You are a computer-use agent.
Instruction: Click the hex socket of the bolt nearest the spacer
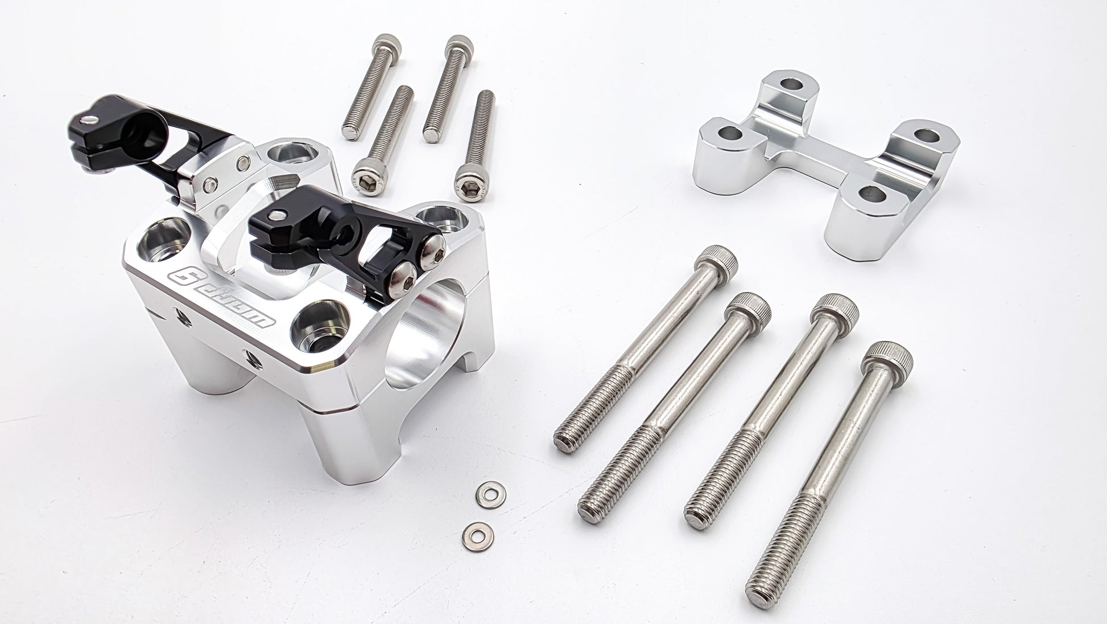coord(470,182)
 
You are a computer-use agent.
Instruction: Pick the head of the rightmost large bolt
coord(888,357)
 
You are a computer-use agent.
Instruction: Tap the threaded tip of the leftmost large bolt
coord(566,441)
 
